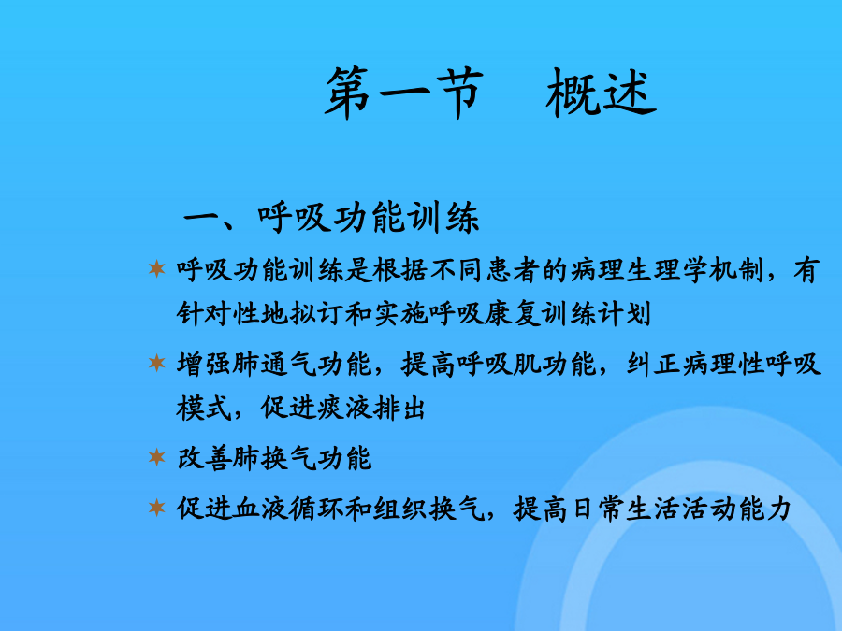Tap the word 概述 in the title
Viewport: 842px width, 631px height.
[601, 93]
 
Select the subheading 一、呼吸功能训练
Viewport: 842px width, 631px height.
[331, 217]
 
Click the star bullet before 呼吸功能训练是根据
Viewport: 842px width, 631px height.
[157, 268]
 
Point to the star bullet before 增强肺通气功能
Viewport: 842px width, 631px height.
[157, 364]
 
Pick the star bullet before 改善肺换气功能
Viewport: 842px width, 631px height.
[157, 457]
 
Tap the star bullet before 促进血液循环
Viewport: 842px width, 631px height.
[157, 507]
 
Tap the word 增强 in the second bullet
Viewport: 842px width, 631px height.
[205, 365]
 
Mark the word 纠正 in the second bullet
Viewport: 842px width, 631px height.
[654, 365]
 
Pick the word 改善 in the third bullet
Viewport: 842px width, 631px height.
[205, 458]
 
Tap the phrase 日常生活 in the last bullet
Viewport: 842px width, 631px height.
[626, 509]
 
